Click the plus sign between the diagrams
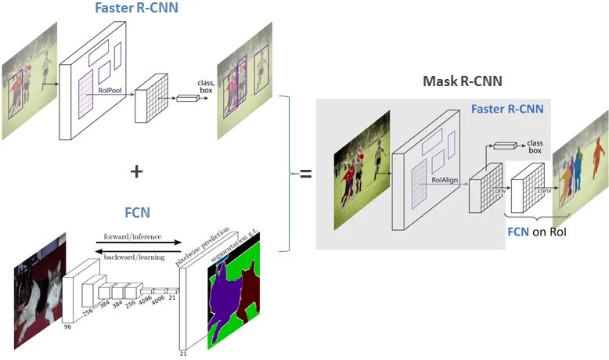[x=135, y=171]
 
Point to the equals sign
[x=305, y=174]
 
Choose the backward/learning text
[x=130, y=254]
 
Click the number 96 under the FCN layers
[x=67, y=327]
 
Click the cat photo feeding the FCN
[x=38, y=297]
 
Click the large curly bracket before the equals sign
[x=283, y=173]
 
